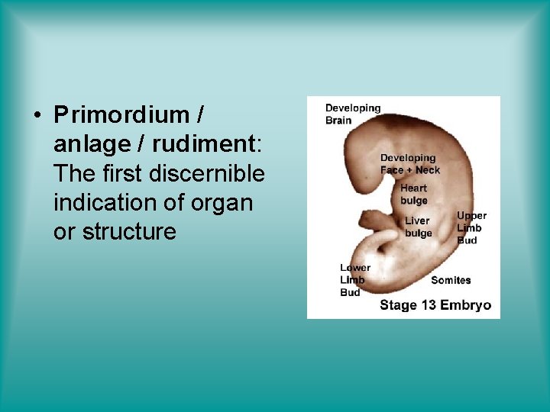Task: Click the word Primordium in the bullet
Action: (x=121, y=115)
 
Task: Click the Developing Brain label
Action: (x=352, y=114)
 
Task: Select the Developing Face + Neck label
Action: (x=410, y=164)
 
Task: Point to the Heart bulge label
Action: (x=413, y=194)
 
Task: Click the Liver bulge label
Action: (x=418, y=227)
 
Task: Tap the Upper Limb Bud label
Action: (x=471, y=227)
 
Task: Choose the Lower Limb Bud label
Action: (x=354, y=280)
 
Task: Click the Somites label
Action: (x=451, y=280)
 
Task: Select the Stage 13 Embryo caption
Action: (x=435, y=305)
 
